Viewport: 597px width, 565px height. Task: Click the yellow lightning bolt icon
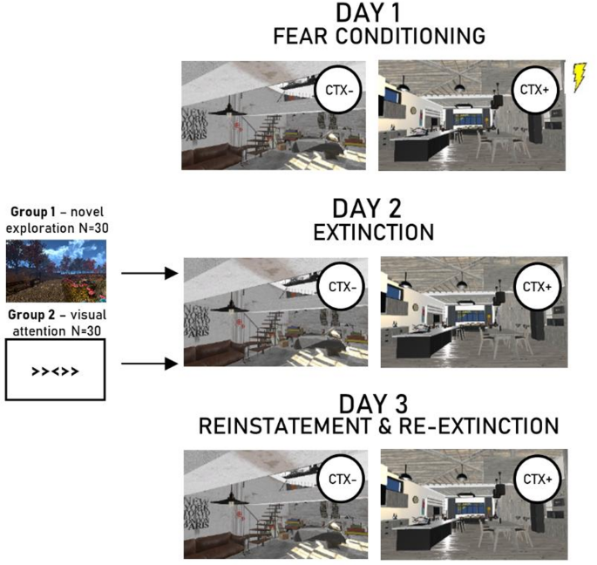tap(580, 77)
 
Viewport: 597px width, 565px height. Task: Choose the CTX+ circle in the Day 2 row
tap(531, 287)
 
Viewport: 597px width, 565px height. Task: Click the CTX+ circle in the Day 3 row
tap(531, 478)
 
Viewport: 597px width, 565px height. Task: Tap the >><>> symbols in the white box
tap(55, 370)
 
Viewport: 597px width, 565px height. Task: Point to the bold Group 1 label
tap(33, 212)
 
